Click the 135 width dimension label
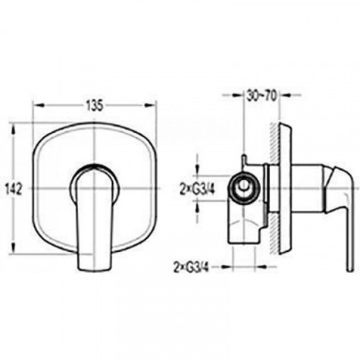(x=94, y=106)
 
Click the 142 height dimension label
(x=14, y=189)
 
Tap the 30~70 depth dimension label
(x=261, y=95)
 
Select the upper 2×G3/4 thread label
(x=197, y=189)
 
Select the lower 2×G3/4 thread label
(x=192, y=267)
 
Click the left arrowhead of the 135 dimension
(x=39, y=106)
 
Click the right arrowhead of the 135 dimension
(x=149, y=106)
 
